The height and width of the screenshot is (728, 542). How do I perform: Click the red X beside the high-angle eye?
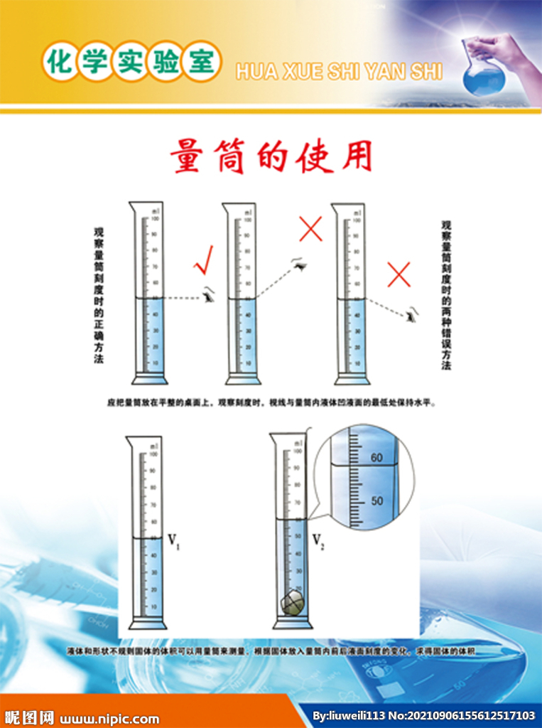(x=310, y=229)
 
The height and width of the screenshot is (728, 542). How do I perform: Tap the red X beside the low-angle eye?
(x=399, y=274)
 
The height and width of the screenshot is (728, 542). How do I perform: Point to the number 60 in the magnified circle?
(x=376, y=457)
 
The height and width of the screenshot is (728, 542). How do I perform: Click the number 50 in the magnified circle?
(x=376, y=501)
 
